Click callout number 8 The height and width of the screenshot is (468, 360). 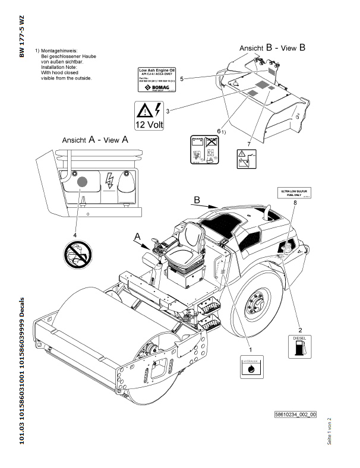pos(295,203)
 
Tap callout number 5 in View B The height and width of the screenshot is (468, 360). pos(181,78)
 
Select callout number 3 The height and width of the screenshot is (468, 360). pos(168,110)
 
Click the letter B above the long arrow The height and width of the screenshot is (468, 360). pos(197,198)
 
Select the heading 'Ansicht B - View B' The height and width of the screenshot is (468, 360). pos(273,46)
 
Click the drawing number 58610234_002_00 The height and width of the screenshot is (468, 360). pos(296,415)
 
